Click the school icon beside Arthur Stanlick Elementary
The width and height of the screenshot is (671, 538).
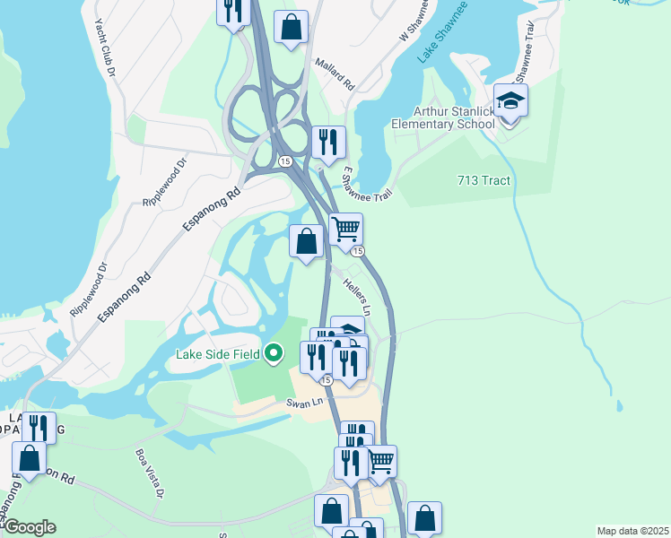point(510,101)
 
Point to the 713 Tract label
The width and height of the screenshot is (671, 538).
point(483,181)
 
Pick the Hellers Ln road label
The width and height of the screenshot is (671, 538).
point(356,295)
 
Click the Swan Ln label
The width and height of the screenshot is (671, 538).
point(303,403)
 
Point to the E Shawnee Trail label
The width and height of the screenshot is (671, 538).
point(367,182)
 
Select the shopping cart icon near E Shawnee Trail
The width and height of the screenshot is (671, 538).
point(345,230)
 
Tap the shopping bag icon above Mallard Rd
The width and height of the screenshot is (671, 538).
point(292,27)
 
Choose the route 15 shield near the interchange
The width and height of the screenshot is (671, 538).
point(284,161)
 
